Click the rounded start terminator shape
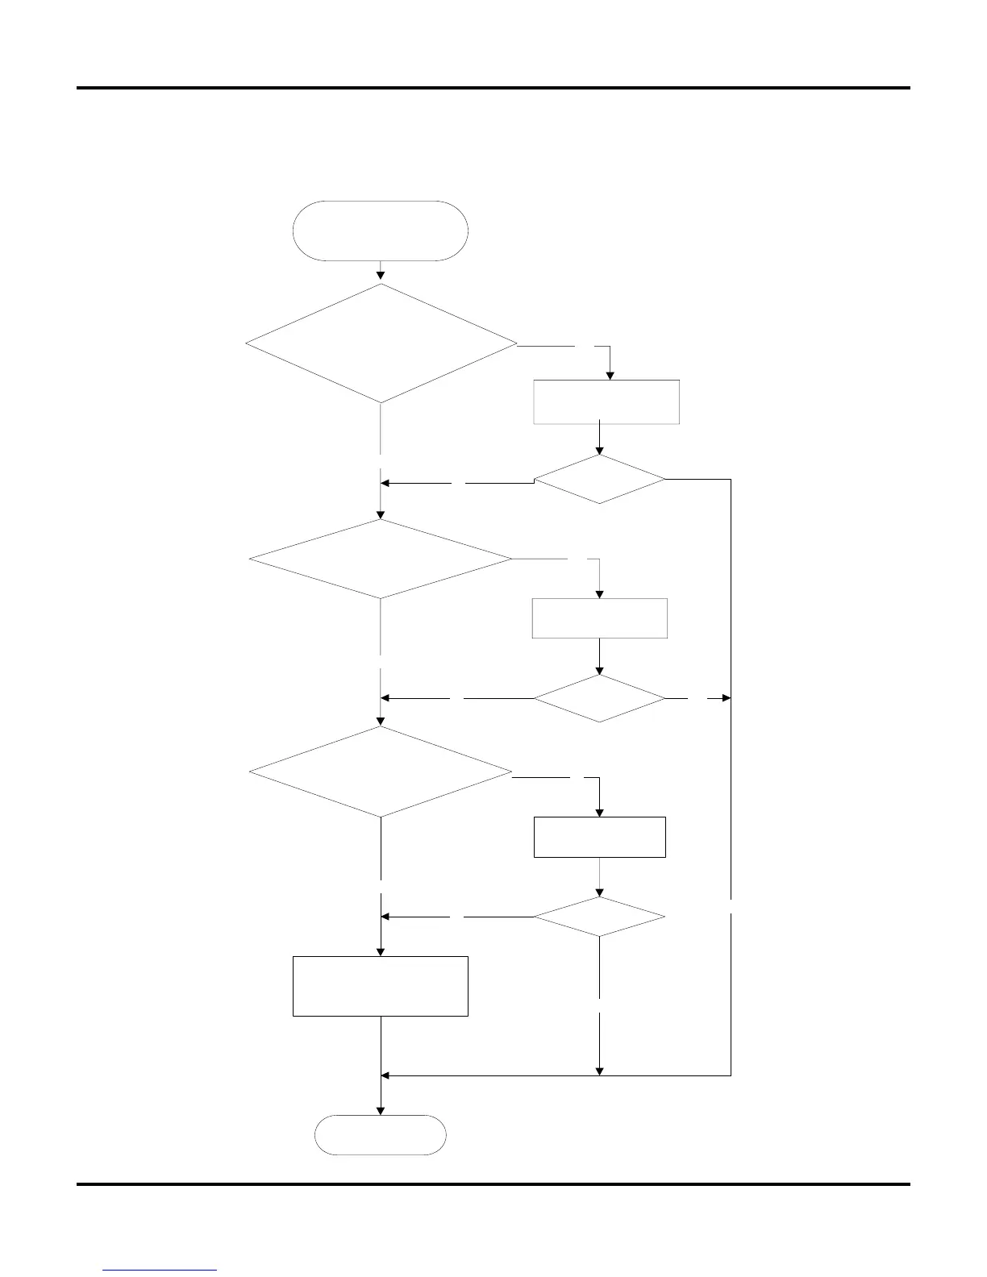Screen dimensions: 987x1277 click(380, 231)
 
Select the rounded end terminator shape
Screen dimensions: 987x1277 click(380, 1135)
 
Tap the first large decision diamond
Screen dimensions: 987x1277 click(381, 343)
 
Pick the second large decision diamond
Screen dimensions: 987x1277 click(380, 559)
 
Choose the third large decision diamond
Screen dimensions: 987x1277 click(380, 772)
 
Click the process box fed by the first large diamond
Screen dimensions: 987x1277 click(606, 401)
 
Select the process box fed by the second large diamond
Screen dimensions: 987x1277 click(600, 618)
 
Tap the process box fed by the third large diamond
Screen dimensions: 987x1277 click(600, 837)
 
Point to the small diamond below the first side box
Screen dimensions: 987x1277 click(600, 480)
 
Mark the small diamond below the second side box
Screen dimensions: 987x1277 click(600, 697)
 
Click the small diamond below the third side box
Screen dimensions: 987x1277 click(600, 917)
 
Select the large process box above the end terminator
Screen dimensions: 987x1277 click(380, 986)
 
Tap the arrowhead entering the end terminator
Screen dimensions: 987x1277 click(381, 1110)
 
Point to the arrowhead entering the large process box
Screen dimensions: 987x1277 click(381, 951)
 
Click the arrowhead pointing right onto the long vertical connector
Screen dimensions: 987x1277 click(726, 697)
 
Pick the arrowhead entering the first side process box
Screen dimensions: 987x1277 click(610, 374)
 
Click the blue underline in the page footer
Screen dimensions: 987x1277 click(160, 1271)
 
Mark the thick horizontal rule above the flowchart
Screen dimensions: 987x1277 click(493, 88)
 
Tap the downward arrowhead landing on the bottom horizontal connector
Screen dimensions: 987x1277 click(600, 1070)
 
